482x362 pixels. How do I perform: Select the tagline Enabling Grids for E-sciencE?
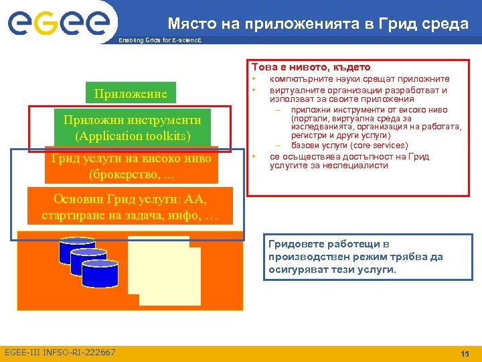[x=159, y=41]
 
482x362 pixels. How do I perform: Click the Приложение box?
[x=131, y=93]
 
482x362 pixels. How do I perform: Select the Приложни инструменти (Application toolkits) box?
[x=132, y=128]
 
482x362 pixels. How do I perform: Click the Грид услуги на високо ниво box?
[x=131, y=165]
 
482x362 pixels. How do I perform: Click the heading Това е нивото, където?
[x=311, y=67]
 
